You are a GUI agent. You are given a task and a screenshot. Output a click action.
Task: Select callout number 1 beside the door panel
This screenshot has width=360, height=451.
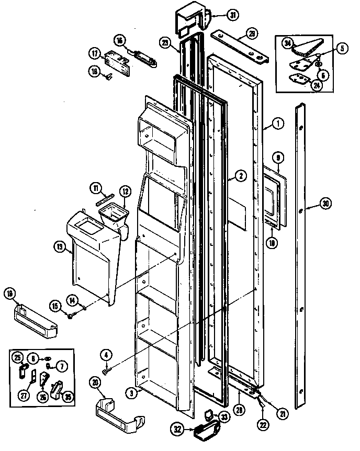click(x=278, y=124)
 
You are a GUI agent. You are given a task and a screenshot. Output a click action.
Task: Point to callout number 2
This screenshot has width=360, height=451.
click(x=240, y=176)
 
